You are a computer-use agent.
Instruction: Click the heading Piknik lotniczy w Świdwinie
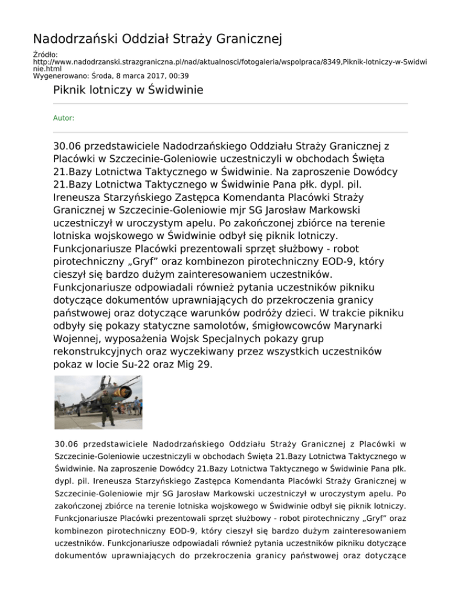(x=128, y=91)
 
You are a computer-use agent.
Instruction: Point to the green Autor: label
(x=64, y=118)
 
